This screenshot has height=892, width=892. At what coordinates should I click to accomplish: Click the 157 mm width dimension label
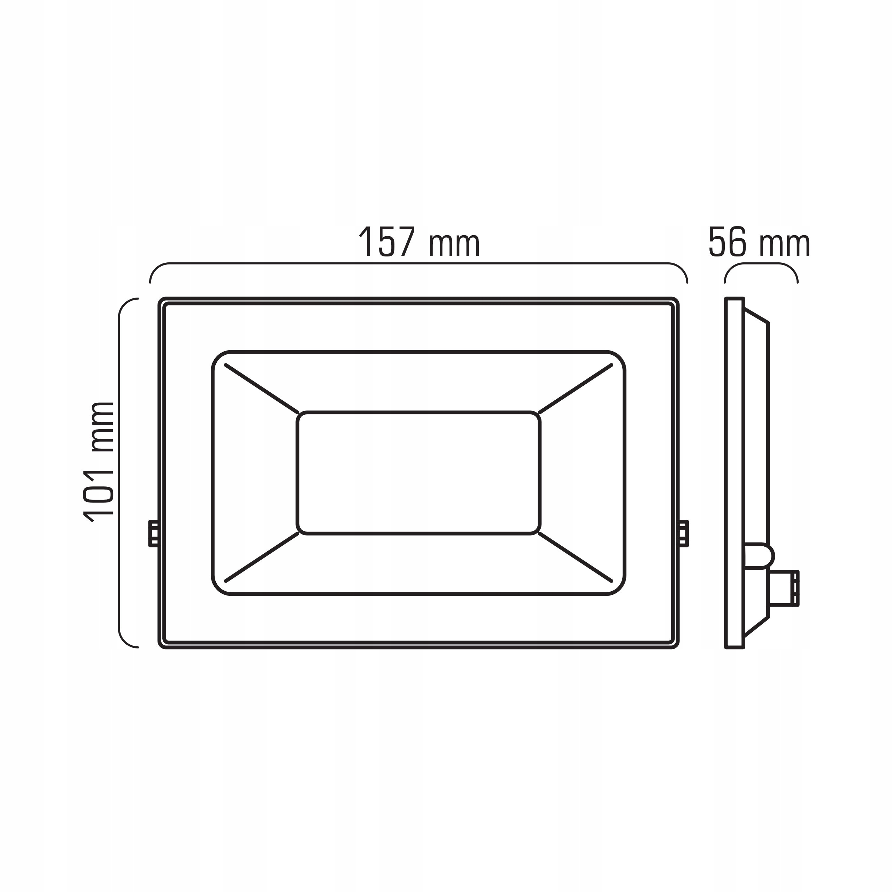point(419,242)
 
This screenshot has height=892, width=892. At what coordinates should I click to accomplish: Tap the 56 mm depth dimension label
point(759,242)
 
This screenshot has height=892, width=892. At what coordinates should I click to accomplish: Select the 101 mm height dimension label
point(98,462)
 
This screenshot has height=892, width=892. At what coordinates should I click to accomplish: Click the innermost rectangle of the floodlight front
point(418,473)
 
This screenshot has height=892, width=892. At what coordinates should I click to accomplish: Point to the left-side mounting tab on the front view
point(153,533)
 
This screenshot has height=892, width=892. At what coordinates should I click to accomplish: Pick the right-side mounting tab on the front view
point(683,533)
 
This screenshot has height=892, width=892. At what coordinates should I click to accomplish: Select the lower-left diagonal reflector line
point(261,557)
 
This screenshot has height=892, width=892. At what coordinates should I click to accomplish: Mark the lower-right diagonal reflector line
point(575,557)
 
